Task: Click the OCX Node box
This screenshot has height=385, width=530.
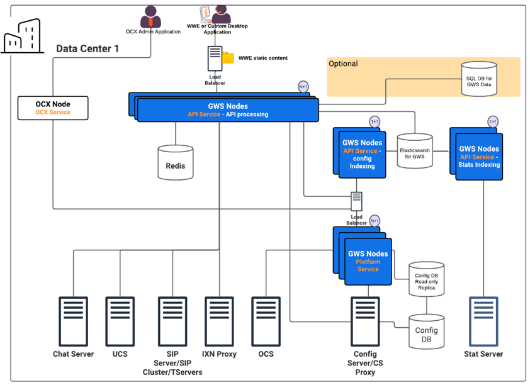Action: point(53,108)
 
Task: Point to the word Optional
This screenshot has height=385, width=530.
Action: point(343,64)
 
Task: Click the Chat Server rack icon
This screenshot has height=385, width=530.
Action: point(73,320)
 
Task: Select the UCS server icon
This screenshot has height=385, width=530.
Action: point(120,320)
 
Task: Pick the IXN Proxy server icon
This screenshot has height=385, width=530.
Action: point(219,320)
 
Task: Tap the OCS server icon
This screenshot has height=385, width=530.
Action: point(266,320)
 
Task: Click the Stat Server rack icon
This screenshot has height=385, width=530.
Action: point(483,320)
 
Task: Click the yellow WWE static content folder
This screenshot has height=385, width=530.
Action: point(227,58)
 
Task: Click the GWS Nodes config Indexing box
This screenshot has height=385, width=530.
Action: point(362,155)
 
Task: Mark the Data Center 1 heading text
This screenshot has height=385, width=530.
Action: point(87,48)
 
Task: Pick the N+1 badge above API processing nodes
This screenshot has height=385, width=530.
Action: point(303,87)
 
